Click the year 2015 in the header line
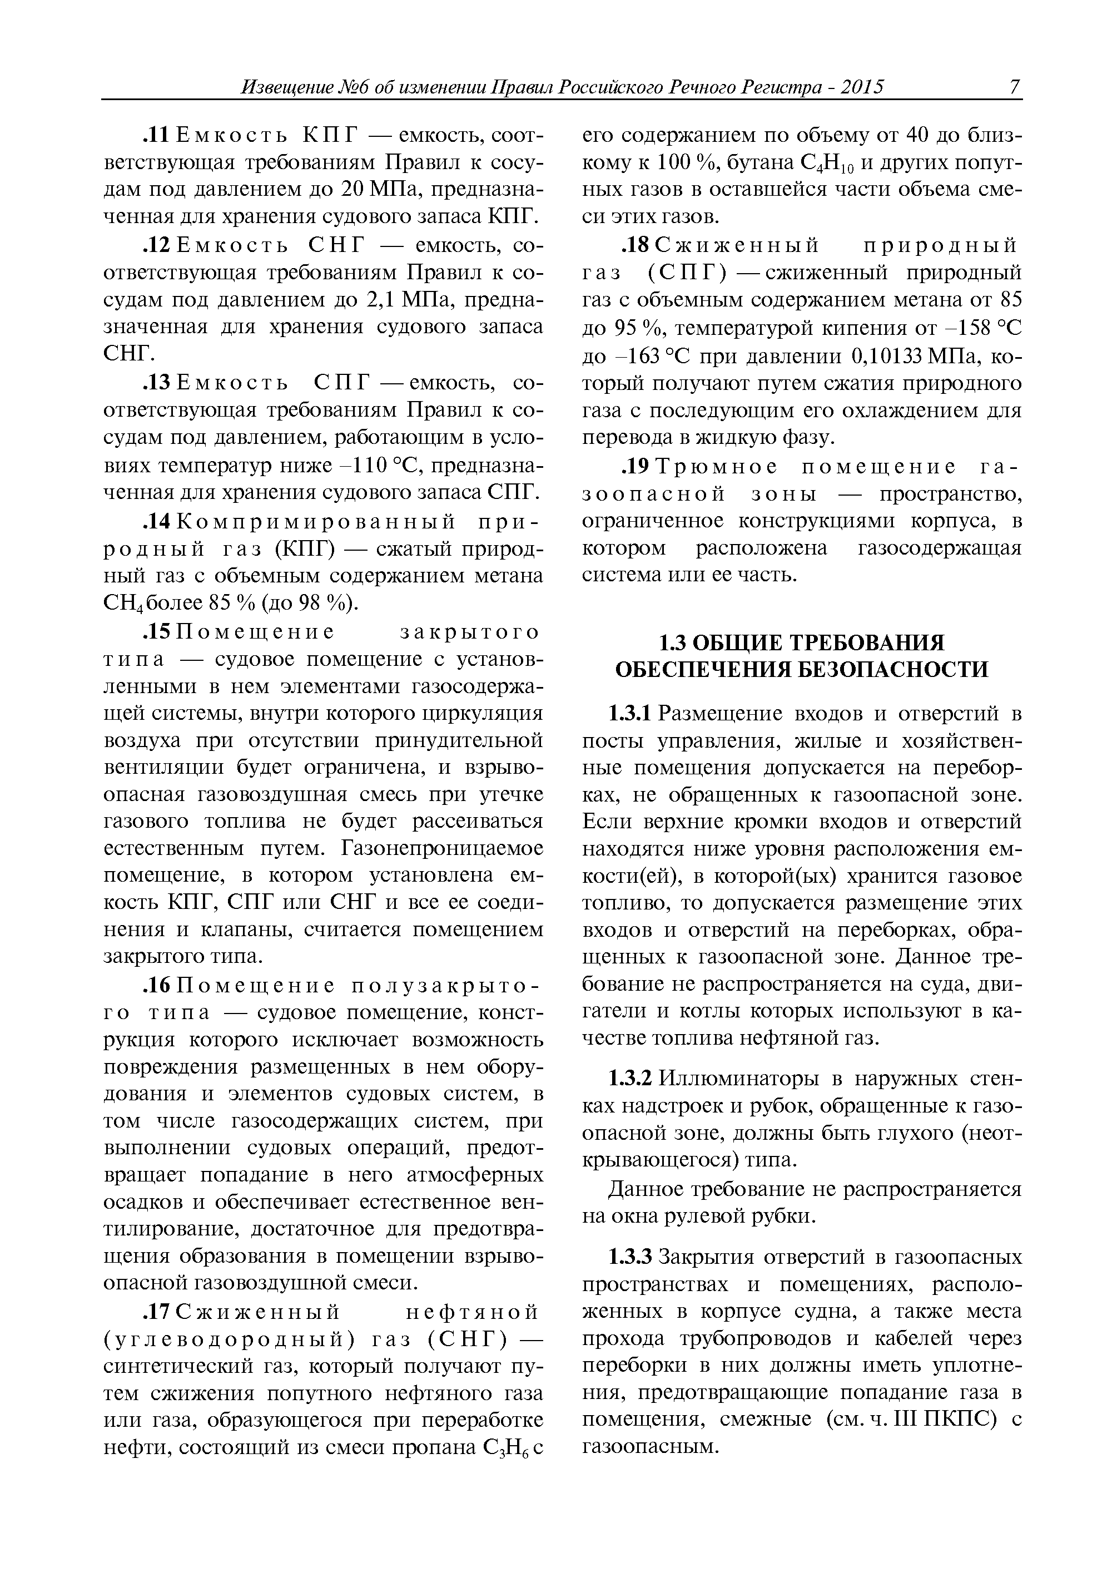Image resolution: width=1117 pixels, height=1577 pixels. (x=862, y=87)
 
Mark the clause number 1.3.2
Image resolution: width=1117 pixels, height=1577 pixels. (x=629, y=1078)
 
